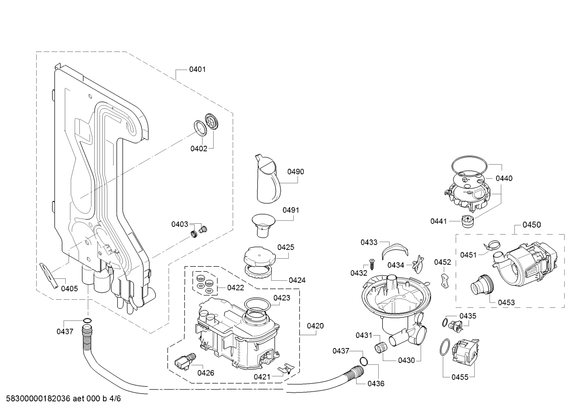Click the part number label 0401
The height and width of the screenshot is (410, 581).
pos(197,69)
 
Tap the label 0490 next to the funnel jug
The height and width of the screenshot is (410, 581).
pos(296,172)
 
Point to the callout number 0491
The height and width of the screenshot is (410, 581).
pos(291,210)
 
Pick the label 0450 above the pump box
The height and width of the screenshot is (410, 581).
pos(532,225)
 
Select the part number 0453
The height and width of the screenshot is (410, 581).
pos(506,303)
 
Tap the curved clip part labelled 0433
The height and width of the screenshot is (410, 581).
pos(392,249)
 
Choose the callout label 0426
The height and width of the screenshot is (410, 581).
pos(205,373)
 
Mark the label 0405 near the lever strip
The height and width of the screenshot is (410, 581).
pos(69,288)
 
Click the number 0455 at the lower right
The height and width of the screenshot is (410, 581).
pos(460,377)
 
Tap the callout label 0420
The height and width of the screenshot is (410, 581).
pos(315,326)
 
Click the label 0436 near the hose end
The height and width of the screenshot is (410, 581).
pos(376,383)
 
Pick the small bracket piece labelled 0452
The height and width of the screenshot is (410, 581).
pos(444,280)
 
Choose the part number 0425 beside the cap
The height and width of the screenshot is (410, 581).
pos(286,247)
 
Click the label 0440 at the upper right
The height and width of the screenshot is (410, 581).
pos(504,178)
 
